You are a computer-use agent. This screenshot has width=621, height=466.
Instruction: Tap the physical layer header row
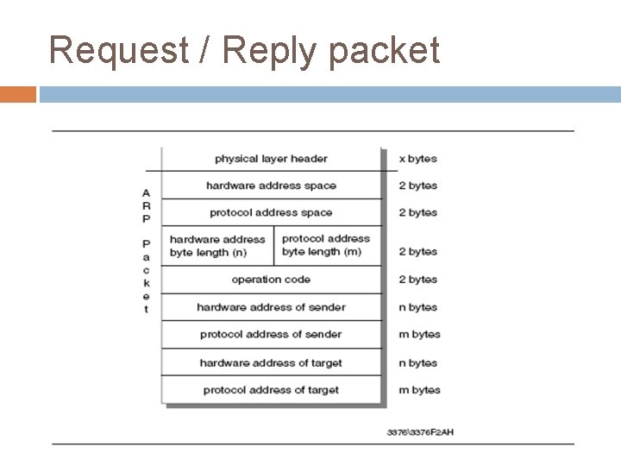click(x=271, y=159)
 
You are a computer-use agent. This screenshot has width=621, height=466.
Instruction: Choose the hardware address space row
click(x=271, y=186)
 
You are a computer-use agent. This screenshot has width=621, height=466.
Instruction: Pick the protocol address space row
click(x=271, y=212)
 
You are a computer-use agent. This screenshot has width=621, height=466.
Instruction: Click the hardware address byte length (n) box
click(x=217, y=246)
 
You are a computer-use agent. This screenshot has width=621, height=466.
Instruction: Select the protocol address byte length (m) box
click(x=326, y=245)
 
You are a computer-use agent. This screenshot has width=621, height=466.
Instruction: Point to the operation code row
click(x=271, y=280)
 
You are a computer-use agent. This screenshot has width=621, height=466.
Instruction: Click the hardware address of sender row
click(x=271, y=307)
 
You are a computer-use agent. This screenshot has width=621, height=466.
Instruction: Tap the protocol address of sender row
click(x=271, y=334)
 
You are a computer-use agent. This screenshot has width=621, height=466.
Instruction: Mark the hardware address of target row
click(x=271, y=362)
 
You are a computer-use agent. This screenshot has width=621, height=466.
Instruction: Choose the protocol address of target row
click(x=271, y=390)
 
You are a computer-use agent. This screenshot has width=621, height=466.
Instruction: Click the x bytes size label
click(x=417, y=159)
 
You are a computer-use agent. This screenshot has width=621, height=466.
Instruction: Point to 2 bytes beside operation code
click(x=417, y=280)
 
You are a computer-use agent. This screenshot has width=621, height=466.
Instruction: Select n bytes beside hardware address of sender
click(x=417, y=307)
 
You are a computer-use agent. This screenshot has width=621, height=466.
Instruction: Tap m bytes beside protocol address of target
click(x=419, y=390)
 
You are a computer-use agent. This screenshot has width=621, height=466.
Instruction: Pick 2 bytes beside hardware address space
click(x=417, y=186)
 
